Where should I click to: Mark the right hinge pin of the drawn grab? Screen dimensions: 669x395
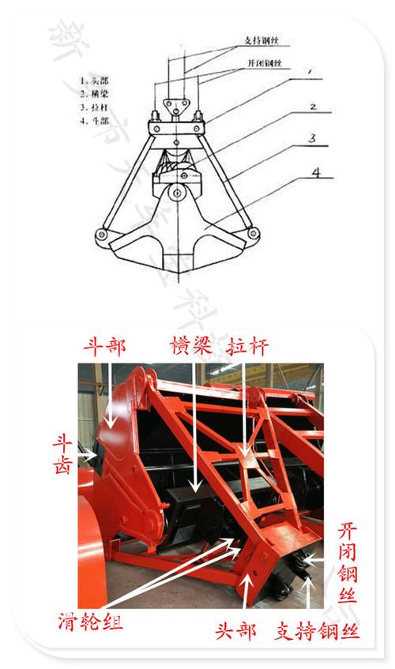(x=253, y=234)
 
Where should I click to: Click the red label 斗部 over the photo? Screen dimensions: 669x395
(x=105, y=346)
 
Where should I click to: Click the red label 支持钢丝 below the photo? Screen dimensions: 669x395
(x=318, y=632)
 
